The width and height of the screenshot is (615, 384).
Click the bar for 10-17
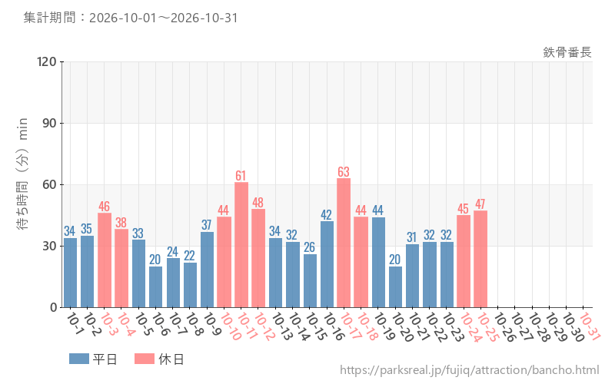tap(344, 243)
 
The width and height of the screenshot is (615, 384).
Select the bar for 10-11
tap(241, 245)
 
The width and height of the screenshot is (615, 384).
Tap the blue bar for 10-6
tap(156, 286)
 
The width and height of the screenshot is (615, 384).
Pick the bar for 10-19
tap(378, 263)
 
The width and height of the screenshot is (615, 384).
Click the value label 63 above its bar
tap(344, 171)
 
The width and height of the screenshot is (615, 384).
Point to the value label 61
tap(241, 176)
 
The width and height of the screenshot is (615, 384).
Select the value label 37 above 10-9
tap(207, 225)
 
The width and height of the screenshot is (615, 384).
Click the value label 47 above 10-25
tap(480, 204)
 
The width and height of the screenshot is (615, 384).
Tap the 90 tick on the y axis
tap(49, 124)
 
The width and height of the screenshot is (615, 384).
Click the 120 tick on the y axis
tap(47, 62)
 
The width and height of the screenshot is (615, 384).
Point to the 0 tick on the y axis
tap(54, 308)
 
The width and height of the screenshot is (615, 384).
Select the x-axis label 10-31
tap(590, 326)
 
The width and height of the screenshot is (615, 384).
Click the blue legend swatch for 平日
tap(79, 359)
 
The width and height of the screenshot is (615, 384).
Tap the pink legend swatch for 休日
tap(145, 359)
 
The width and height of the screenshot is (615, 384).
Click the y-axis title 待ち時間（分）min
tap(22, 174)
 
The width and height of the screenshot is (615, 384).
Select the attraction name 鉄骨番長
tap(567, 52)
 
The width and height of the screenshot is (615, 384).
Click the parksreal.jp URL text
tap(470, 370)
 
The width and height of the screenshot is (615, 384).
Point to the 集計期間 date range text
tap(131, 18)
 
